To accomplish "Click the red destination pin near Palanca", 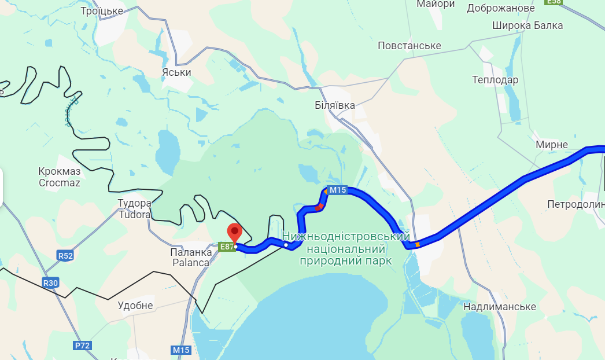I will (234, 233).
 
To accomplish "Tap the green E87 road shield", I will (227, 247).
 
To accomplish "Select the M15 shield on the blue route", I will (338, 190).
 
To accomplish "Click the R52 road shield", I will (65, 255).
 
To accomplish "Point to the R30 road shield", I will (51, 283).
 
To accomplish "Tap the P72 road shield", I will (83, 346).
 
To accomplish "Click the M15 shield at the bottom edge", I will (182, 350).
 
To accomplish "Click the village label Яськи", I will (176, 72).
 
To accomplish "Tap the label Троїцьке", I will (102, 11).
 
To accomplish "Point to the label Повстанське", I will (409, 46).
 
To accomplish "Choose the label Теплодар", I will (495, 80).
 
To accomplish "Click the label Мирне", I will (552, 145).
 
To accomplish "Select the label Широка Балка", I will (527, 25).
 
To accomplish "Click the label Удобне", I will (135, 306).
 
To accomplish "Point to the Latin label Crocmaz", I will (59, 183).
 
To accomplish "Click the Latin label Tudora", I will (134, 215).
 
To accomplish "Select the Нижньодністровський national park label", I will (346, 249).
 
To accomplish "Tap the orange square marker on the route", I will (418, 244).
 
